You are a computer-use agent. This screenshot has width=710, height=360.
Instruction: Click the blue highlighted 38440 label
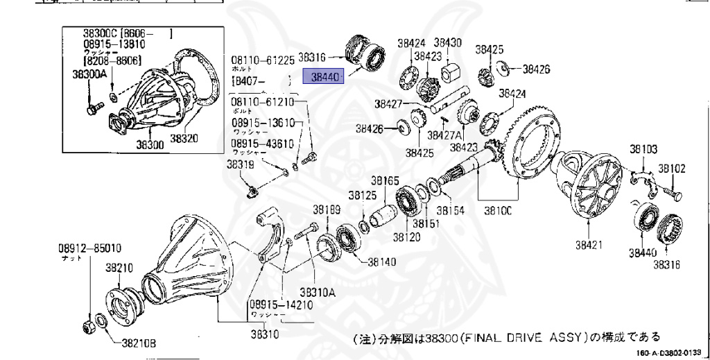[x=323, y=78]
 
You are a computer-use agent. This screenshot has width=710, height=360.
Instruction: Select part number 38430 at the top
[x=448, y=42]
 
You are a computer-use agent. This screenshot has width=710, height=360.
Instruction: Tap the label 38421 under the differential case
[x=589, y=244]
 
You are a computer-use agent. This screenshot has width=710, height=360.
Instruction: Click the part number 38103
[x=643, y=148]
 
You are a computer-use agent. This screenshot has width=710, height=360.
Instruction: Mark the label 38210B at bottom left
[x=139, y=342]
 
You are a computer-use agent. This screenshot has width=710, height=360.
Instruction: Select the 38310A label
[x=318, y=292]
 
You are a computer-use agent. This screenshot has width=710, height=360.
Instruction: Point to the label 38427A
[x=445, y=135]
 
